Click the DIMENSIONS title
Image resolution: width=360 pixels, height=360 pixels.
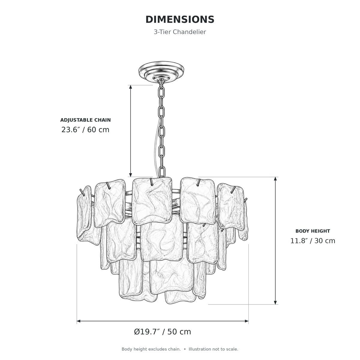click(180, 19)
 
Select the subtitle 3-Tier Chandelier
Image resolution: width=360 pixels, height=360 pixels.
click(180, 32)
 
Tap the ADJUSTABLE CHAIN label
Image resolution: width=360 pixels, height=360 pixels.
click(85, 120)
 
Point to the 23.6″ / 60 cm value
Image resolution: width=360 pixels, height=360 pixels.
click(85, 130)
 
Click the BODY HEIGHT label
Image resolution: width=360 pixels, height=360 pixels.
click(313, 231)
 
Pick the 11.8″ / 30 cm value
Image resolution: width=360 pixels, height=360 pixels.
click(313, 241)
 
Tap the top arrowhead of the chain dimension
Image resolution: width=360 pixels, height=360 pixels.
click(130, 87)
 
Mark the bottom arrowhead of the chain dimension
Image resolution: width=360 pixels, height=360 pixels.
click(130, 175)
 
